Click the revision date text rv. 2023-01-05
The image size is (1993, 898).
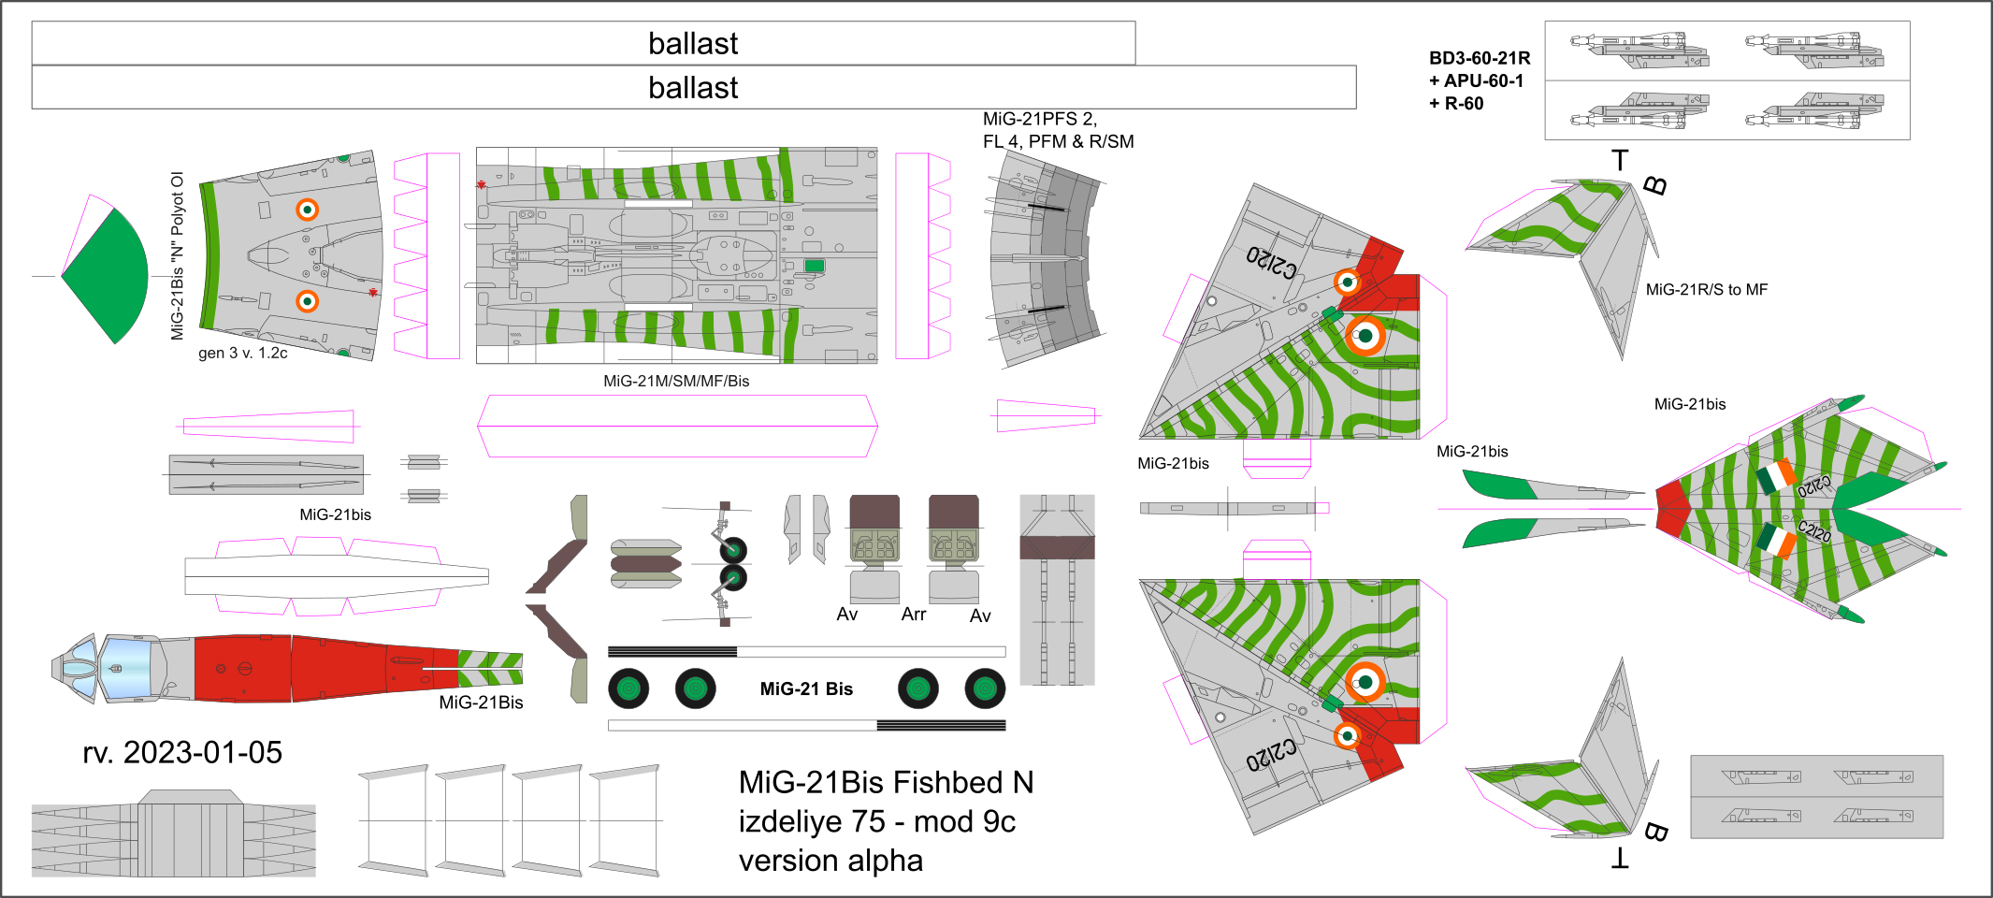182,752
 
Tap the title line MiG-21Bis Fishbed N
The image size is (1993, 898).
886,782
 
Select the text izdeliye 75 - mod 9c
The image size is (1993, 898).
876,821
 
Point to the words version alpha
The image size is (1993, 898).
830,861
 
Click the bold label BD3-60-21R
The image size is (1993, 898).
1480,58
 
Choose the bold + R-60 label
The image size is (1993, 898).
1456,104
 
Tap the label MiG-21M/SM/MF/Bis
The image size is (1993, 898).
676,381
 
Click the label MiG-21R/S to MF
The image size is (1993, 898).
1707,290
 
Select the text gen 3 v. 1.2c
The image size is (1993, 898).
243,353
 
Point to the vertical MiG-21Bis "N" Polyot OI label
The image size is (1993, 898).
178,255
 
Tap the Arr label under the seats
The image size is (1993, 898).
914,615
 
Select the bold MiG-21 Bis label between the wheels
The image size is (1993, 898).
806,689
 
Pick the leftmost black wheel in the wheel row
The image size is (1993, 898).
628,689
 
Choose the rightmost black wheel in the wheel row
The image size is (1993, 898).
985,689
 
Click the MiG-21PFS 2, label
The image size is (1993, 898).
1039,119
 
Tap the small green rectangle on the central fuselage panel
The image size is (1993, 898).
815,267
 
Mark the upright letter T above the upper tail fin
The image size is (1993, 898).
1620,160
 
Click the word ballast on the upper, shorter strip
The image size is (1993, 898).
693,44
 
